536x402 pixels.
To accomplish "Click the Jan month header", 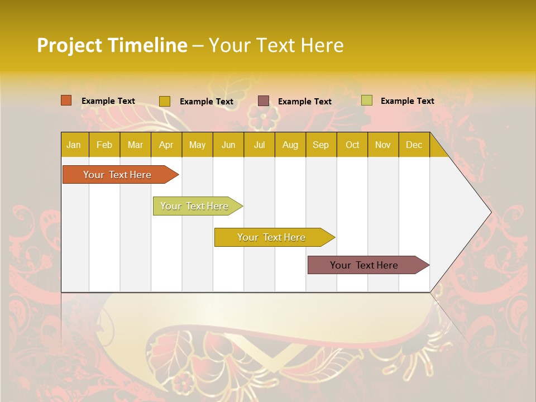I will [74, 145].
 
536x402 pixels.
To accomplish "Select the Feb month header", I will [104, 145].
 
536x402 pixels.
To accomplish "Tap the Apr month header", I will [166, 145].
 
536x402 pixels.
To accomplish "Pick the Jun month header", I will [228, 145].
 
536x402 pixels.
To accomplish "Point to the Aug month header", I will [290, 145].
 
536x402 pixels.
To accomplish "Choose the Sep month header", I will [320, 145].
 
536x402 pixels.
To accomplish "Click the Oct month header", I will [352, 145].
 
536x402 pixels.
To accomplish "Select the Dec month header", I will [414, 145].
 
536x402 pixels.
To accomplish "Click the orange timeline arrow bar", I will [117, 175].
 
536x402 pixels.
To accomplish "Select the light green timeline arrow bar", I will [194, 206].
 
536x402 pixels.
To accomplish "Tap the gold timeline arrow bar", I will [271, 237].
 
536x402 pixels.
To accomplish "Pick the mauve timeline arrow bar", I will [364, 265].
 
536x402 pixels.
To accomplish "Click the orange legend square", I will [66, 100].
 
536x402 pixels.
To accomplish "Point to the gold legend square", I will [164, 101].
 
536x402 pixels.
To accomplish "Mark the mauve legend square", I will [264, 101].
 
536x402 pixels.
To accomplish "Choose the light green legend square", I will [366, 100].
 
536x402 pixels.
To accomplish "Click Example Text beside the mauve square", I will [305, 102].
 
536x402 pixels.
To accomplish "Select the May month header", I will [197, 145].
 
